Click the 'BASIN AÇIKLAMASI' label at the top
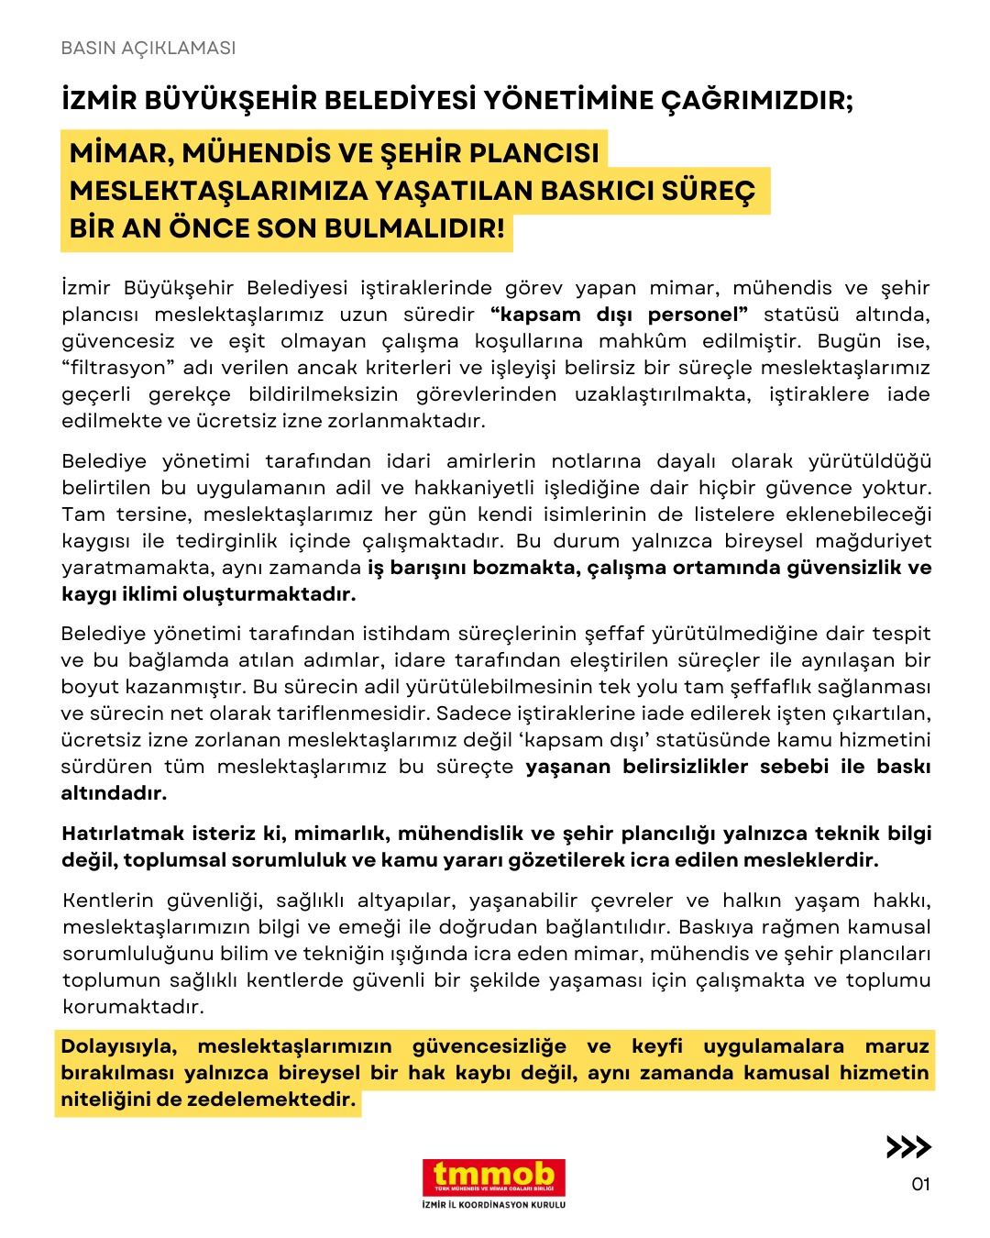[x=148, y=49]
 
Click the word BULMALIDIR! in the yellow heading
[x=428, y=228]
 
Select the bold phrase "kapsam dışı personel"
[x=620, y=315]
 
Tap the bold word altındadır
[x=115, y=794]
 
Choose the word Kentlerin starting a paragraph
[x=107, y=900]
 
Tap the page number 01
[x=920, y=1184]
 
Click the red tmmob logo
[x=494, y=1177]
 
